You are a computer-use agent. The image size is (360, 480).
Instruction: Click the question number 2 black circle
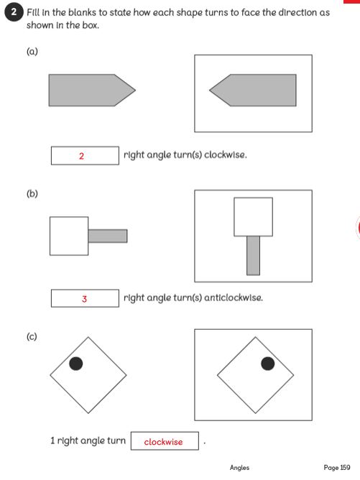(14, 12)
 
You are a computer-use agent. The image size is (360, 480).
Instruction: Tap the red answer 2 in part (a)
(81, 156)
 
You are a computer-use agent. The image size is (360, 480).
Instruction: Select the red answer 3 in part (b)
(84, 299)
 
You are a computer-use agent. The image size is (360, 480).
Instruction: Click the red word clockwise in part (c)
(163, 442)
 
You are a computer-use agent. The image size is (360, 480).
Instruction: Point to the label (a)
(32, 51)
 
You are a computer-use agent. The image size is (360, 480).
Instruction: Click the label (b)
(32, 193)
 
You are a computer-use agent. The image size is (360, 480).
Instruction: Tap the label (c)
(32, 337)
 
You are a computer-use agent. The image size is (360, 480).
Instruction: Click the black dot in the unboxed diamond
(76, 364)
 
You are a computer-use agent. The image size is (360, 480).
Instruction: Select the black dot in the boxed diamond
(268, 364)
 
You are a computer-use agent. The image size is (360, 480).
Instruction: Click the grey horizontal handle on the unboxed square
(108, 236)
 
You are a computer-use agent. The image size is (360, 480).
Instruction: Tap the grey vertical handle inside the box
(253, 255)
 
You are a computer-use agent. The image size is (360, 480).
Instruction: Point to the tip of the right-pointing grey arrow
(135, 90)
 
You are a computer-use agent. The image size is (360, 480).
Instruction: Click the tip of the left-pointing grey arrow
(210, 90)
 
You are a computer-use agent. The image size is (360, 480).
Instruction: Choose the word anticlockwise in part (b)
(234, 297)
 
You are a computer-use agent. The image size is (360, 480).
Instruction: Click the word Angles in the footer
(239, 468)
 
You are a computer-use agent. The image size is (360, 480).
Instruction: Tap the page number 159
(345, 468)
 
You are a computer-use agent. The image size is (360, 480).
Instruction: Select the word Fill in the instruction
(33, 12)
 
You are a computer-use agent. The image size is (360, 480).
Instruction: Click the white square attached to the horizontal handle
(69, 236)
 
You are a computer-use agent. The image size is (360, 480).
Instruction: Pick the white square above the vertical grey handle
(253, 217)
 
